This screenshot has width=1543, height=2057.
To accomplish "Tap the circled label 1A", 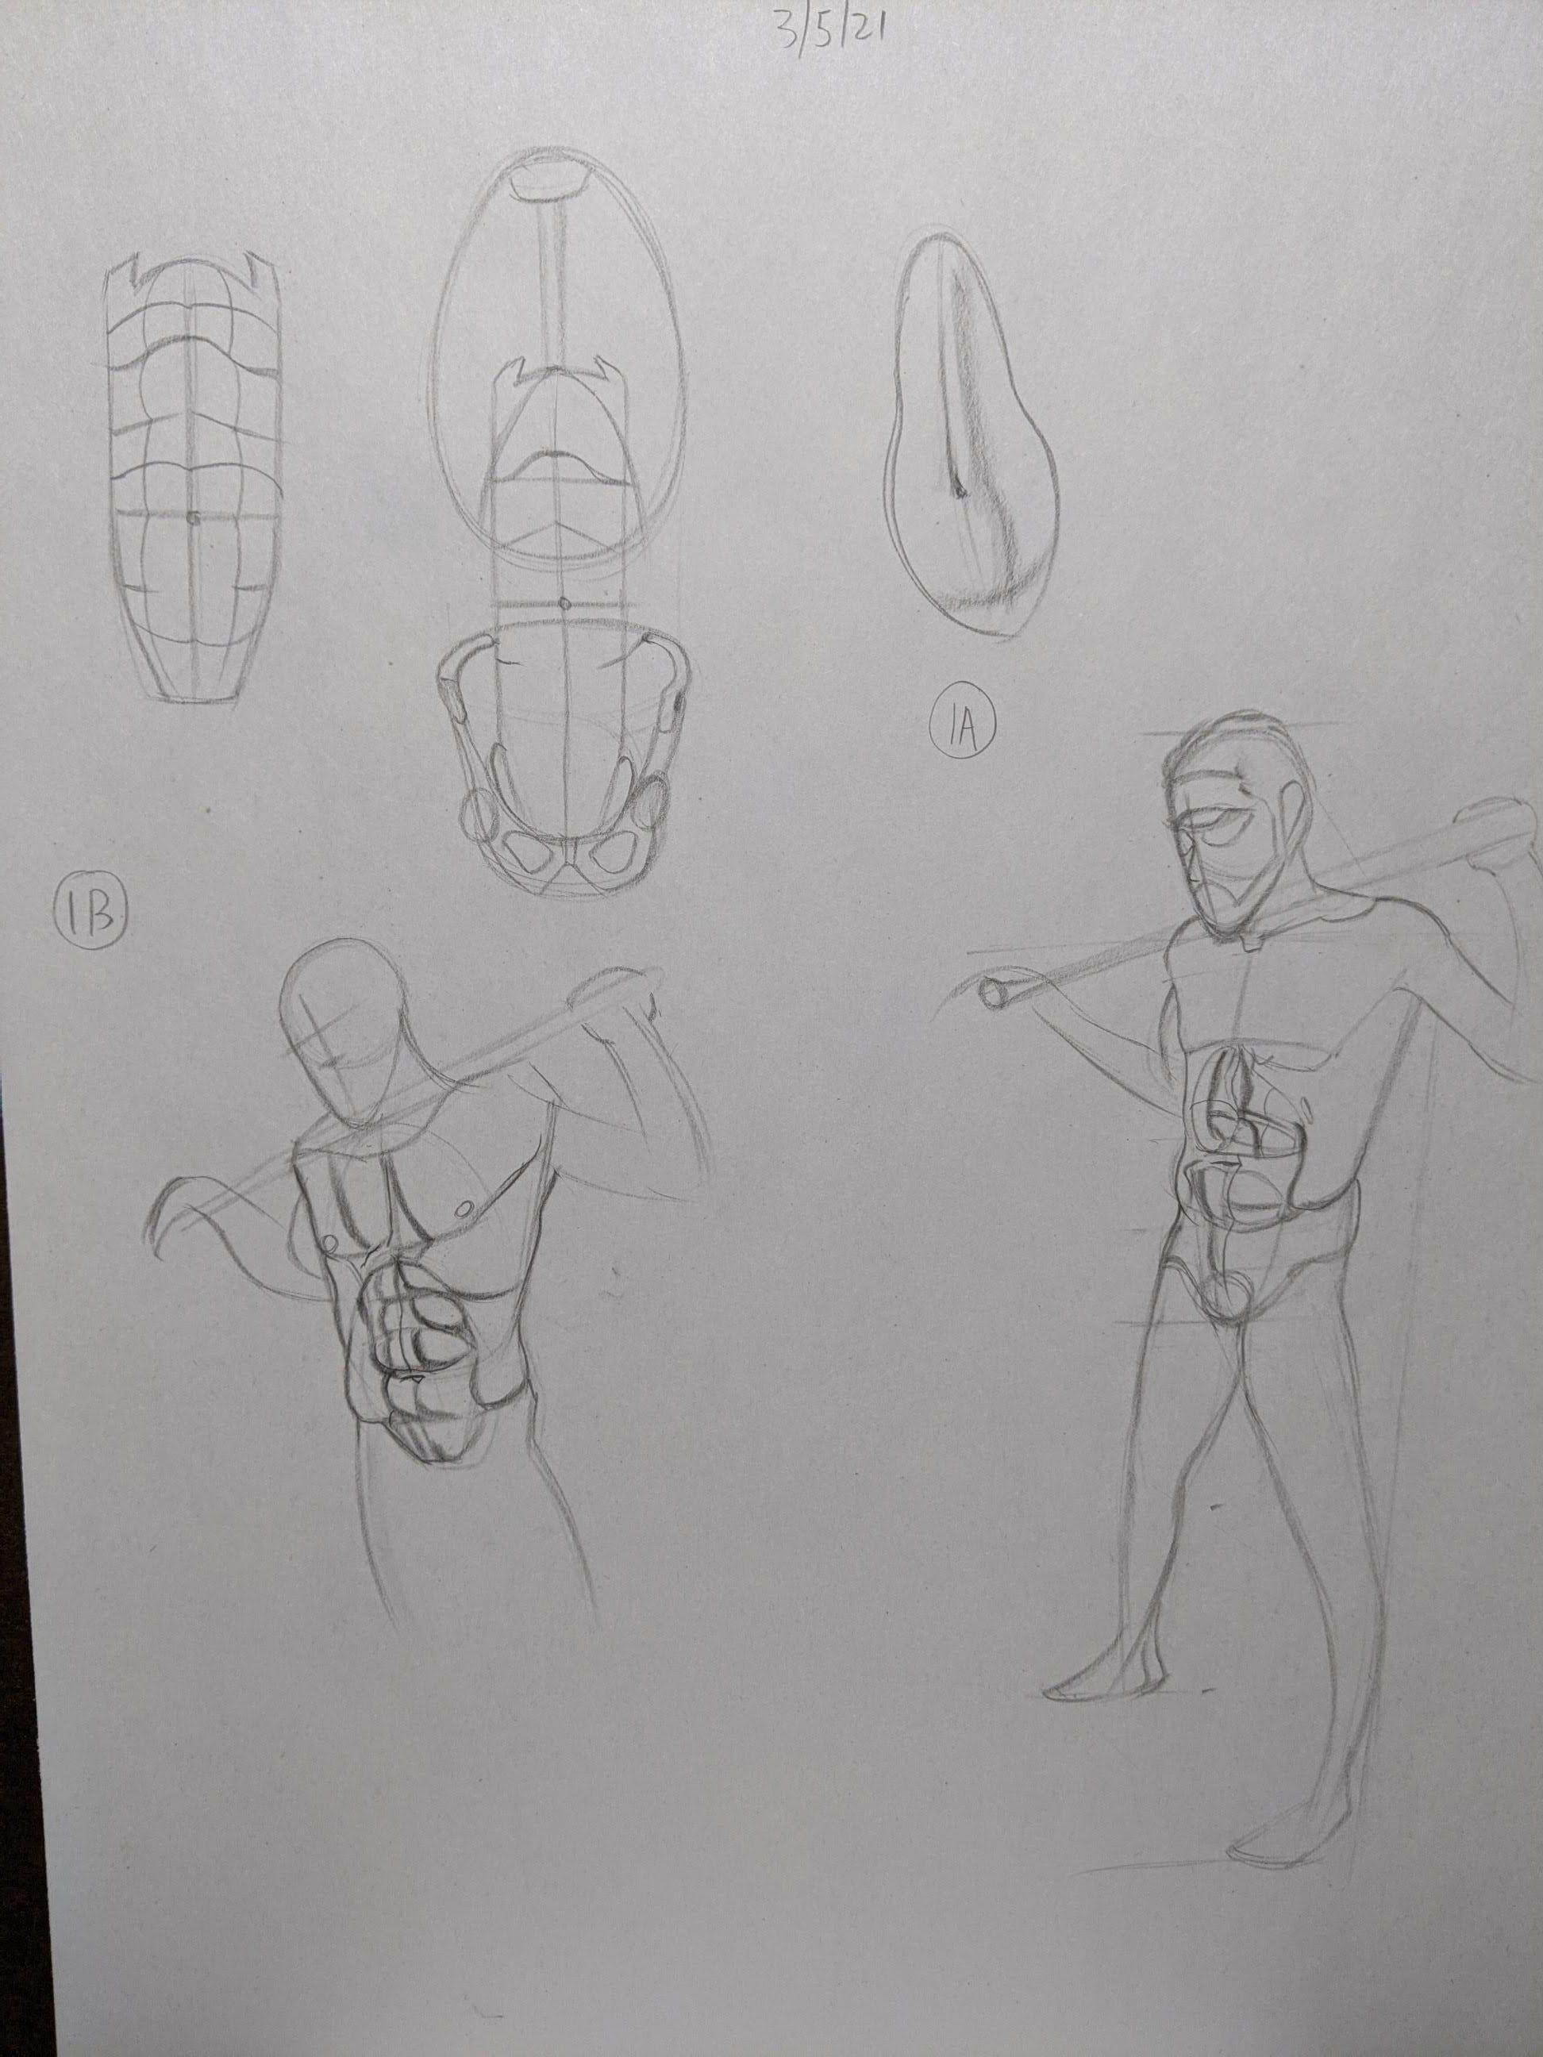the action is click(962, 729).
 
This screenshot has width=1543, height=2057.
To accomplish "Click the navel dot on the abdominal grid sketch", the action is click(191, 518).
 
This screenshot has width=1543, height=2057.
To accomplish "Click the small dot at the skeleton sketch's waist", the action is click(565, 605).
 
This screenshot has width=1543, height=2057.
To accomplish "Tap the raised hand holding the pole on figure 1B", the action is click(618, 995).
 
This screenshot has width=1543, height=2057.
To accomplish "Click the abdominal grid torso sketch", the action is click(193, 479).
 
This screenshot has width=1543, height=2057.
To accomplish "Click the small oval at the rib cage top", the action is click(554, 183).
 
